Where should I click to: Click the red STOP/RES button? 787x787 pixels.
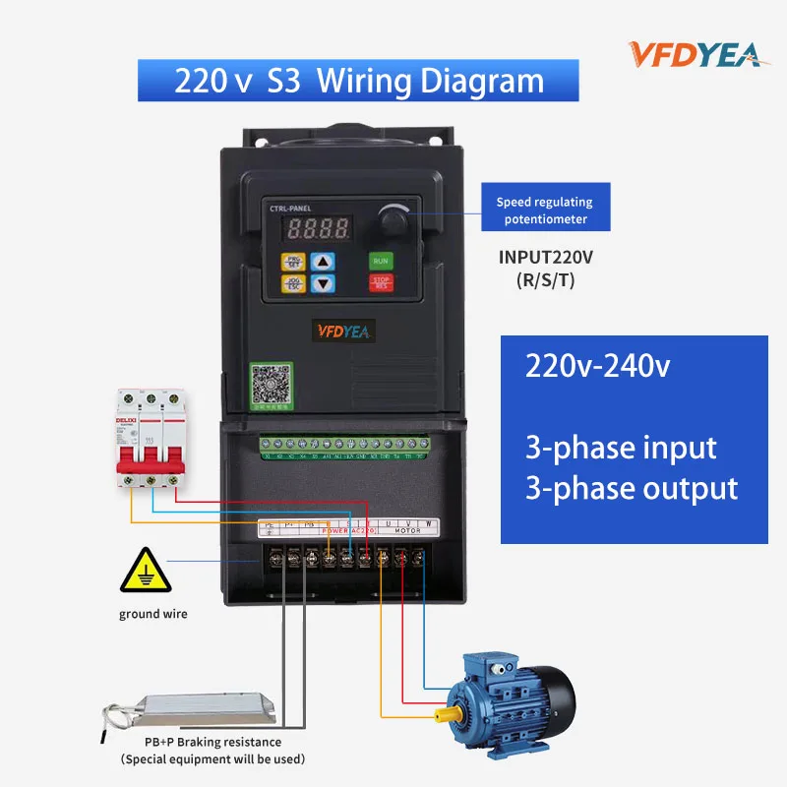tap(381, 283)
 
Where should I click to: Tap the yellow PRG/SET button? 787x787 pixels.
tap(293, 262)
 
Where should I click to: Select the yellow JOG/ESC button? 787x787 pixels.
tap(293, 283)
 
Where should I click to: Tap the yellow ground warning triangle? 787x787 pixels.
tap(144, 573)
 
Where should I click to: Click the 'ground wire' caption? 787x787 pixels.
tap(152, 614)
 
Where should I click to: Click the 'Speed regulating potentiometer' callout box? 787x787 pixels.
tap(544, 210)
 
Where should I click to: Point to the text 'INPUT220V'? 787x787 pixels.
tap(545, 258)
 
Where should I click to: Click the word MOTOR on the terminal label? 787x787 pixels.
tap(406, 530)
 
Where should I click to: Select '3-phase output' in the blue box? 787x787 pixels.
tap(632, 488)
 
